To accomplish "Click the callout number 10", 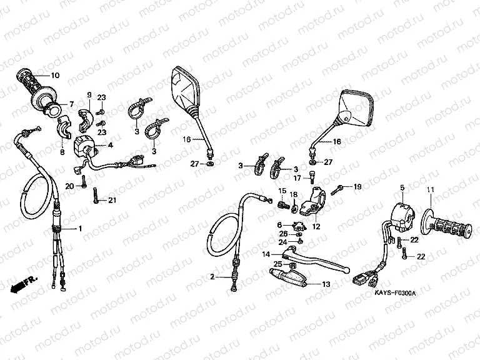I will pos(55,76).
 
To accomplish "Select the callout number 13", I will pos(326,284).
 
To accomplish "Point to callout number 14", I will pos(266,254).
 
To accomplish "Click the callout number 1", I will pos(80,229).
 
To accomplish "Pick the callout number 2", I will pos(212,276).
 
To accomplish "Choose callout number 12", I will pos(316,227).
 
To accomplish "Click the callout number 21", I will pos(112,200).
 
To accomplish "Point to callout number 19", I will pos(357,187).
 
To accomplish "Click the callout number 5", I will pos(402,187).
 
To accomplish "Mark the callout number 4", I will pos(111,145).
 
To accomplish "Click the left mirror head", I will pos(184,91).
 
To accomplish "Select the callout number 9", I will pos(89,95).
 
